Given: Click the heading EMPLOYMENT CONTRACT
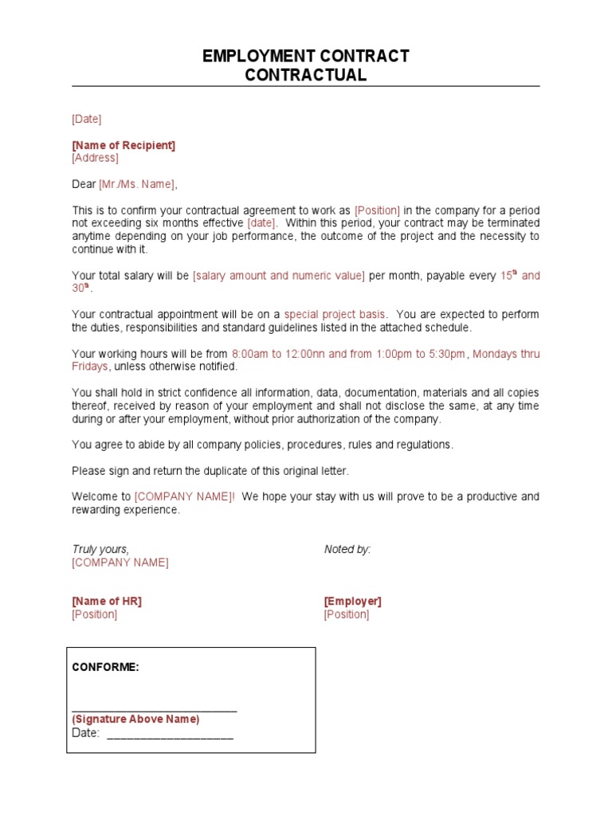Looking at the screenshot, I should [x=305, y=56].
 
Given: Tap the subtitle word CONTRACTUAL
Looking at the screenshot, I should [x=305, y=76].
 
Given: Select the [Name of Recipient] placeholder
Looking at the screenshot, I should [x=124, y=145].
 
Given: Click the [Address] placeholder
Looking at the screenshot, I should [x=95, y=158].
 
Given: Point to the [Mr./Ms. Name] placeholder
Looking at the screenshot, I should [x=136, y=184].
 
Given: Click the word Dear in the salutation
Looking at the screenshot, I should [x=84, y=184].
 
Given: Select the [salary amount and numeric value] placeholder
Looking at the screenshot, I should [x=279, y=276].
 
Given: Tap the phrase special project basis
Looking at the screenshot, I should [x=335, y=315].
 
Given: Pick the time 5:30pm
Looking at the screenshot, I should [x=447, y=354].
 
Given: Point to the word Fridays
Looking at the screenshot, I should [x=90, y=367].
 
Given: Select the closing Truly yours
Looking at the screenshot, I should [x=100, y=549].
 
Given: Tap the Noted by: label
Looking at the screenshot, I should [x=347, y=549].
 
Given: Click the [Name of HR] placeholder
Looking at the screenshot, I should [x=107, y=602].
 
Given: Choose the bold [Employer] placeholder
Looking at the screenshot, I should [x=352, y=602].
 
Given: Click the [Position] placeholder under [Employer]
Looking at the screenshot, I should [x=347, y=614].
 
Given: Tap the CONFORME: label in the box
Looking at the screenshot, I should [x=106, y=667].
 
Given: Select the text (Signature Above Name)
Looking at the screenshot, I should [x=135, y=719].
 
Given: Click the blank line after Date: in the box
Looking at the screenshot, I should [x=170, y=734].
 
